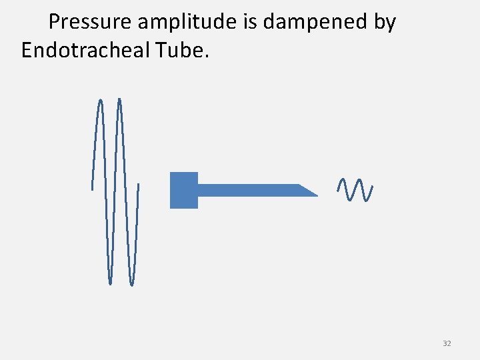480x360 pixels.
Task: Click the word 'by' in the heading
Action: point(384,22)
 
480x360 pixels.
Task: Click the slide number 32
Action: point(447,343)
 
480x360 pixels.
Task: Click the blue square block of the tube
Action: point(184,190)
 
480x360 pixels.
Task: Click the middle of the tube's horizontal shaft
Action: point(250,190)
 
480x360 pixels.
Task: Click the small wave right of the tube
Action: point(355,190)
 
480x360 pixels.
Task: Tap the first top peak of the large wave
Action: point(100,101)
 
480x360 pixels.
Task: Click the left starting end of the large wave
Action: point(92,189)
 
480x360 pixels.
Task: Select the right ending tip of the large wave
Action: point(139,183)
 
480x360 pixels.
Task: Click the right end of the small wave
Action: point(371,186)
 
